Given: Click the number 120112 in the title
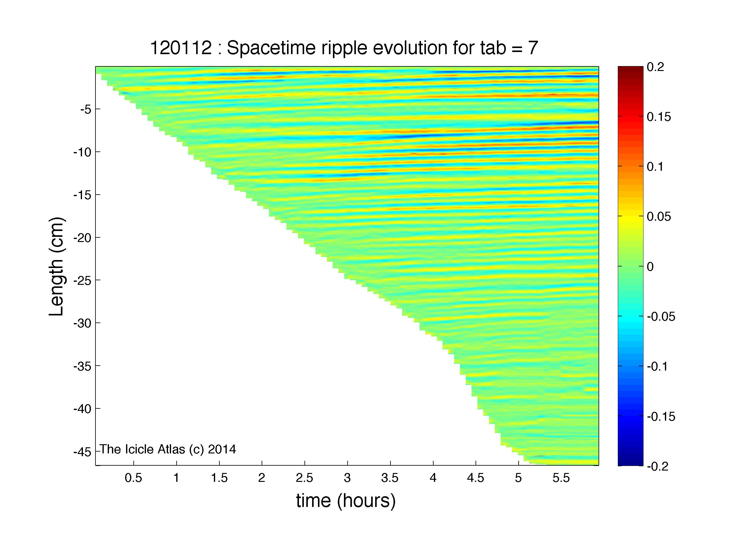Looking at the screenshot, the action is [181, 48].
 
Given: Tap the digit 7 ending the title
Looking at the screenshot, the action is [533, 48].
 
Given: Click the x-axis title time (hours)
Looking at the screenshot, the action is [346, 501].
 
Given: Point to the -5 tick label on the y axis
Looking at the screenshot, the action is [86, 109].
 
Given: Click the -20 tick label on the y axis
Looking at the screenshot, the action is [82, 238].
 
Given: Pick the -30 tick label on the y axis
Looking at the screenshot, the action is [82, 323].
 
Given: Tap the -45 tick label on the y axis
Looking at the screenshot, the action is [82, 452].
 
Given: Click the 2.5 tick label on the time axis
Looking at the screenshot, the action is [304, 478].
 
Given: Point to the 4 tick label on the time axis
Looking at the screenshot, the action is [433, 478].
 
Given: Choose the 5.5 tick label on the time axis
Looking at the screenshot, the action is [561, 478].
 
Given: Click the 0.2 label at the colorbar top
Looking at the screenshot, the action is [655, 67].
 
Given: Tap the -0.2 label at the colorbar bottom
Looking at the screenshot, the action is [658, 467].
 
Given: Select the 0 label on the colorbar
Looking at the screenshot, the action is [650, 267].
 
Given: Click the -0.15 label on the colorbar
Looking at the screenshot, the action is [661, 416].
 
